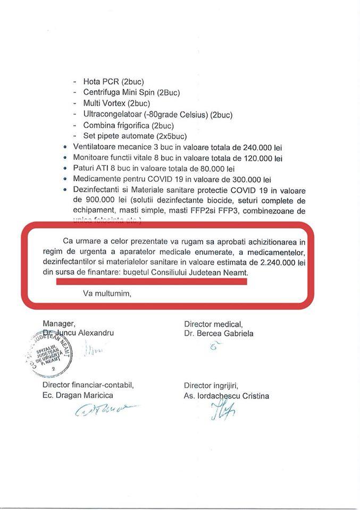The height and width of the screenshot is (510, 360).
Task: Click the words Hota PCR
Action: tap(101, 82)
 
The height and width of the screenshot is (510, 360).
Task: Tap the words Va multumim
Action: tap(107, 293)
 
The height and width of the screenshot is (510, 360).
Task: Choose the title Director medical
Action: tap(213, 324)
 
